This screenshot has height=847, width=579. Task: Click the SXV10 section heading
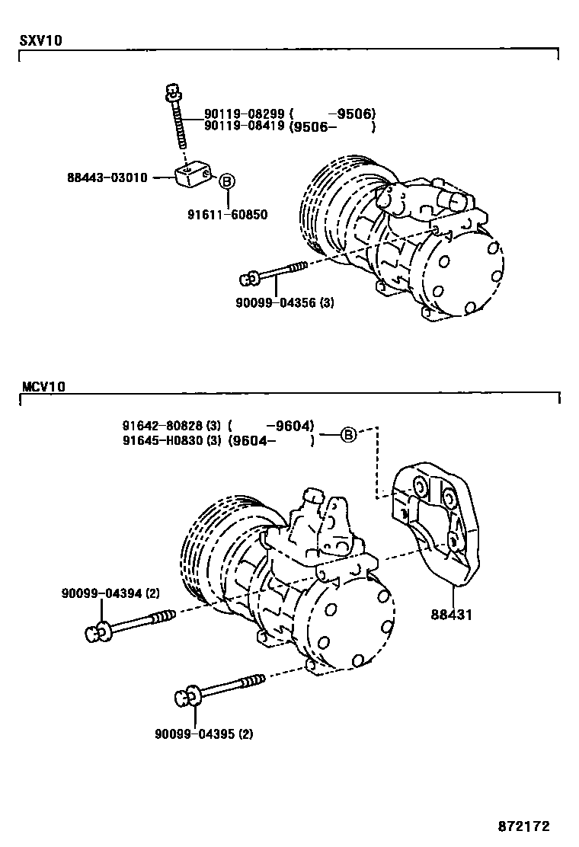pos(40,41)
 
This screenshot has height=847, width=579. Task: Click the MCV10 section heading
pos(42,387)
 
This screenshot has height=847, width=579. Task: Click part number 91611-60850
pos(227,215)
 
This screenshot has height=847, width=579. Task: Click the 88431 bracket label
pos(451,614)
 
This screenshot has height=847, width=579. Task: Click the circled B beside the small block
pos(227,181)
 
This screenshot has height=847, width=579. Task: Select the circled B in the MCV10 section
pos(347,435)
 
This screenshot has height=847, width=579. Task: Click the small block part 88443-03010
pos(194,176)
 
